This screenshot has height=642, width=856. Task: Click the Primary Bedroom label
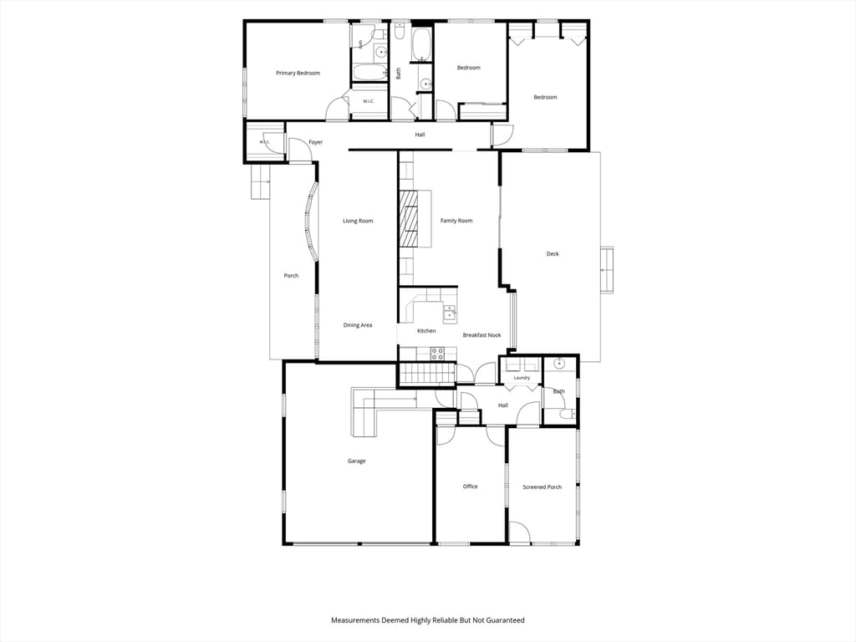[x=298, y=74]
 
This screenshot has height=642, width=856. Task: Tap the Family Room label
[x=456, y=221]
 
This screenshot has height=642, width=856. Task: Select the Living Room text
[x=358, y=221]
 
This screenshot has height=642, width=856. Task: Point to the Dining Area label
[x=358, y=325]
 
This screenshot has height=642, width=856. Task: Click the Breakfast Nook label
[x=481, y=335]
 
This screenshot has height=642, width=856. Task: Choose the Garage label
[x=356, y=461]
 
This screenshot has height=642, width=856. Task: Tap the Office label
[x=470, y=487]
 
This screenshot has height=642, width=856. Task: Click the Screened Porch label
[x=542, y=487]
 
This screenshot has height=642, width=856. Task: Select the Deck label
[x=553, y=254]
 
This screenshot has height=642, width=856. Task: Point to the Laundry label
[x=522, y=378]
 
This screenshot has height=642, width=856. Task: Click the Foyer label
[x=315, y=142]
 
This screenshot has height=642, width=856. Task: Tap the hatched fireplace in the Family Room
[x=408, y=219]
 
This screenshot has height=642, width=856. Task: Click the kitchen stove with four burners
[x=437, y=354]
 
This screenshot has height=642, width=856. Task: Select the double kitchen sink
[x=449, y=313]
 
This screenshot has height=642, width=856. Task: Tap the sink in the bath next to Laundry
[x=559, y=364]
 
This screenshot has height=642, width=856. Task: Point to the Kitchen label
[x=426, y=331]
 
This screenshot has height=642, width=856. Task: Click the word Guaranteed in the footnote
[x=505, y=620]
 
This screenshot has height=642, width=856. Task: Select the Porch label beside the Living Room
[x=291, y=276]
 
